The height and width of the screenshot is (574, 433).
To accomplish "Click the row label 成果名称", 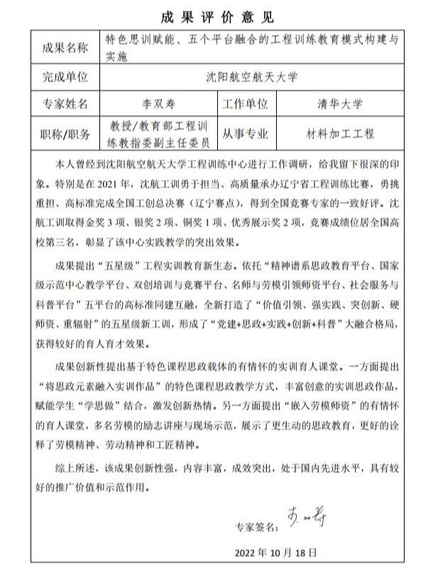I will click(x=65, y=48).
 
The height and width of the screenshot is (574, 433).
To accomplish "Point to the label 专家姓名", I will click(x=65, y=104).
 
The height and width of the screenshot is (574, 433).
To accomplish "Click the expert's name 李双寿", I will click(x=158, y=104).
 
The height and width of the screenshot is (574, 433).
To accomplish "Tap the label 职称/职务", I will click(x=65, y=134).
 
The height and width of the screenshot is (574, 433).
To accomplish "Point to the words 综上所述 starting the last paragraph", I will click(x=76, y=470).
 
